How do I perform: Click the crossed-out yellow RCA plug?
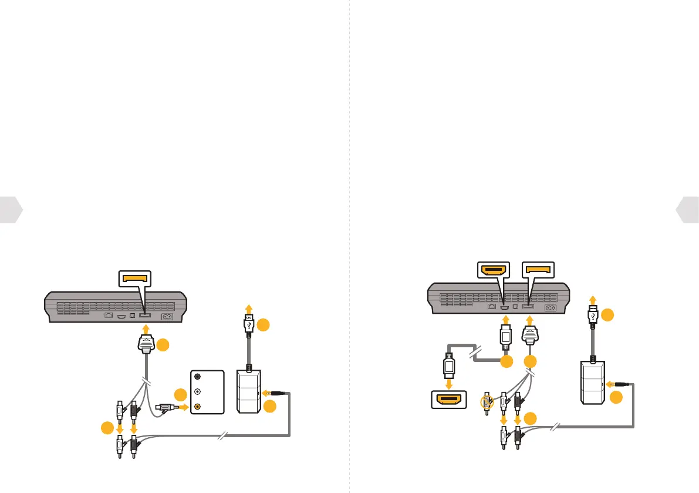(x=486, y=403)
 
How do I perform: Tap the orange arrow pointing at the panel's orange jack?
(x=183, y=406)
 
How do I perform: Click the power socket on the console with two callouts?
(x=551, y=307)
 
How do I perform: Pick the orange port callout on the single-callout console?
(x=135, y=277)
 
